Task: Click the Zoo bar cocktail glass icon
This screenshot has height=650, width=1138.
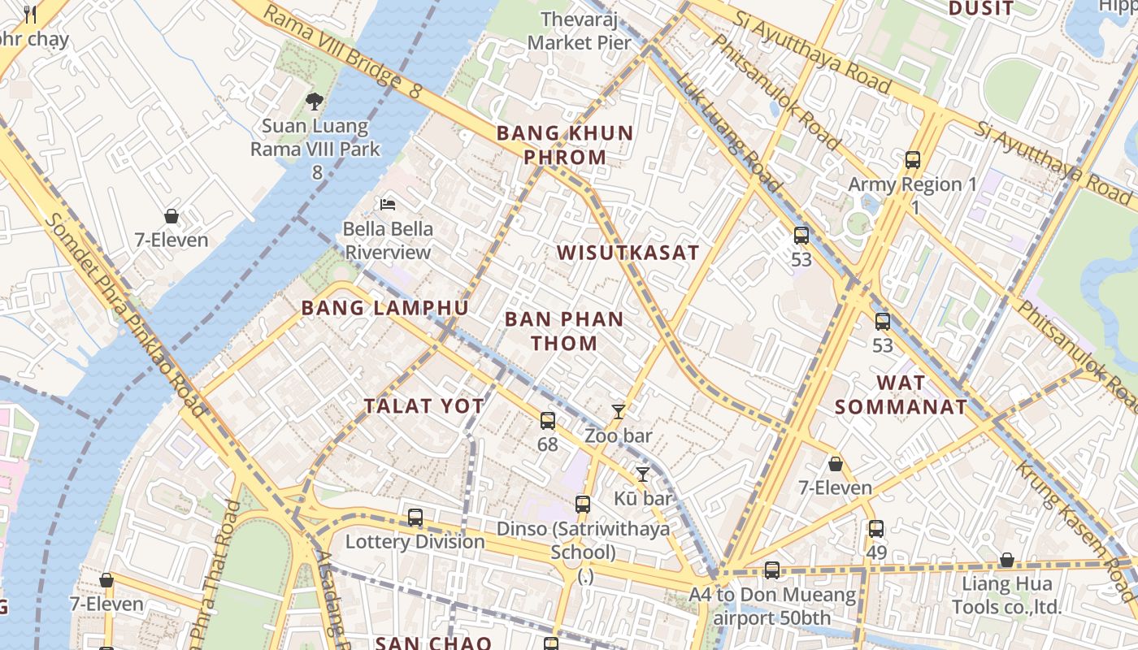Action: click(619, 412)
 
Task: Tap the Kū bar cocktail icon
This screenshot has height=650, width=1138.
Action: click(643, 474)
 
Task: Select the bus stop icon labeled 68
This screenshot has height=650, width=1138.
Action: click(548, 421)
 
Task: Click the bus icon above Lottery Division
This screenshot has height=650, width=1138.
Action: click(415, 518)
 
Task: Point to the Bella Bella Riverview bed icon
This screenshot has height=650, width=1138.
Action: click(388, 204)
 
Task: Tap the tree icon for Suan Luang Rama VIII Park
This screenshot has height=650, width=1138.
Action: click(314, 102)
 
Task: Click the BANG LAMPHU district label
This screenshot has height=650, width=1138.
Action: click(384, 308)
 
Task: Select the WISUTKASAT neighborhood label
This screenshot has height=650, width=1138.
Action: click(628, 253)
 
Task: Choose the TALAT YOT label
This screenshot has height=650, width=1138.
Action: click(423, 406)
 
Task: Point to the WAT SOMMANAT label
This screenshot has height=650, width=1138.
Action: click(901, 395)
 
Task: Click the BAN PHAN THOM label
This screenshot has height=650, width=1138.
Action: click(564, 331)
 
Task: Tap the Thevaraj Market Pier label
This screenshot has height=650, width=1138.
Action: click(580, 31)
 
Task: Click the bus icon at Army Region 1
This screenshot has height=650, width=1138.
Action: click(913, 160)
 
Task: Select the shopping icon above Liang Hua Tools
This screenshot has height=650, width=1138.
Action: click(1006, 560)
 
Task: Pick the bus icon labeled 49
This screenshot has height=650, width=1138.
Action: click(875, 529)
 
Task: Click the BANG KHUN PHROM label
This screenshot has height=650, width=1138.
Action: click(565, 145)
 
